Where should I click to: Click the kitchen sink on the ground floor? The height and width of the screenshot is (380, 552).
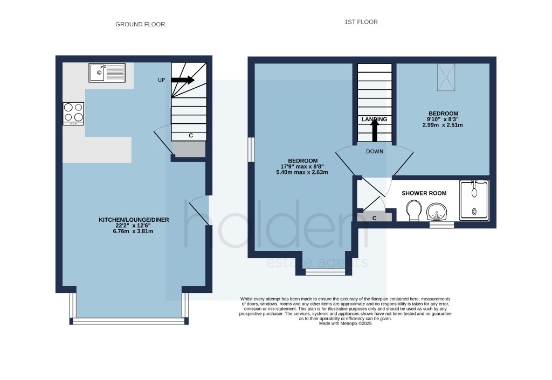click(x=107, y=73)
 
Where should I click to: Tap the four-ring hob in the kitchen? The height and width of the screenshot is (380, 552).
click(x=73, y=113)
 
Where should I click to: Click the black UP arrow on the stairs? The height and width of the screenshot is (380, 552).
click(x=183, y=80)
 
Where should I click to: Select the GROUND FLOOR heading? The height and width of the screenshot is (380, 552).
click(x=140, y=24)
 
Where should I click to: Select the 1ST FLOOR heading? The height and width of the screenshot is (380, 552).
click(x=361, y=22)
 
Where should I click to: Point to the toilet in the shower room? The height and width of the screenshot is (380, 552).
click(x=414, y=210)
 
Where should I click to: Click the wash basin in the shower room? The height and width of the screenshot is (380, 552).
click(x=436, y=211)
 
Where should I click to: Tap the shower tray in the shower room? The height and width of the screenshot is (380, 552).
click(x=474, y=200)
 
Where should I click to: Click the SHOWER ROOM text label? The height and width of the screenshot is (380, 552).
click(x=424, y=193)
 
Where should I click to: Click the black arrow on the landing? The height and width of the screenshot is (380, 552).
click(x=374, y=131)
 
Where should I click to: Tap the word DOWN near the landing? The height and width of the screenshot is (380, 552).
click(x=375, y=151)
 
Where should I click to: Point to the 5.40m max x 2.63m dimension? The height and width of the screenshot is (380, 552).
click(x=302, y=172)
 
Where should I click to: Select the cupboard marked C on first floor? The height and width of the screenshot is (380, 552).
click(x=375, y=217)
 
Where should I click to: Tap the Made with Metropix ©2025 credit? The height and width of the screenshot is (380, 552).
click(x=345, y=323)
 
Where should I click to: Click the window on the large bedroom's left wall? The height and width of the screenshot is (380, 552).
click(x=251, y=150)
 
